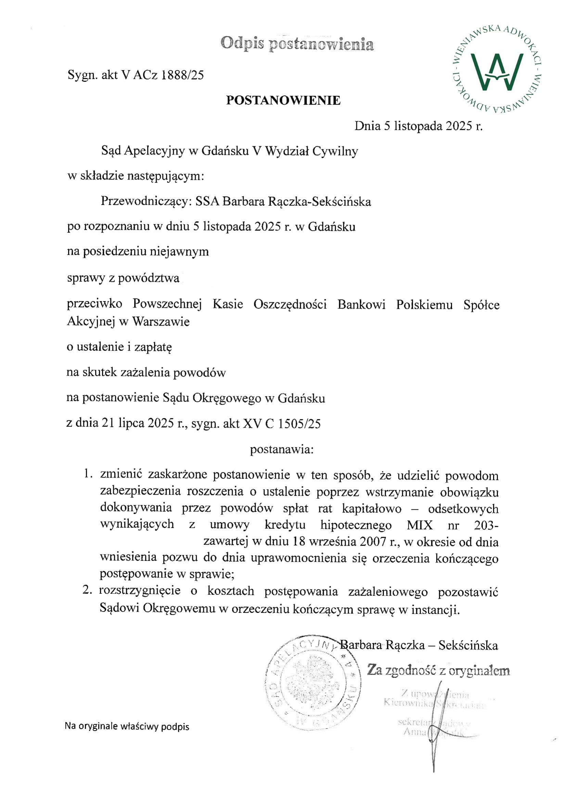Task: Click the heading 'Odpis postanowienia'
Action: tap(297, 44)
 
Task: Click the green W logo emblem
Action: tap(496, 70)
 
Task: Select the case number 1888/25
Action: tap(182, 75)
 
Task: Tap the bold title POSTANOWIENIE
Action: tap(283, 100)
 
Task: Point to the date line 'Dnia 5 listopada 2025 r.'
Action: tap(418, 126)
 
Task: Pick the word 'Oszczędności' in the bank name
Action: tap(290, 304)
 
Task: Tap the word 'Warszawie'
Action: tap(161, 321)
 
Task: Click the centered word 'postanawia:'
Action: tap(282, 449)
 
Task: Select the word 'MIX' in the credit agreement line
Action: tap(419, 525)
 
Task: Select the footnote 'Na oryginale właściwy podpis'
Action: tap(127, 726)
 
